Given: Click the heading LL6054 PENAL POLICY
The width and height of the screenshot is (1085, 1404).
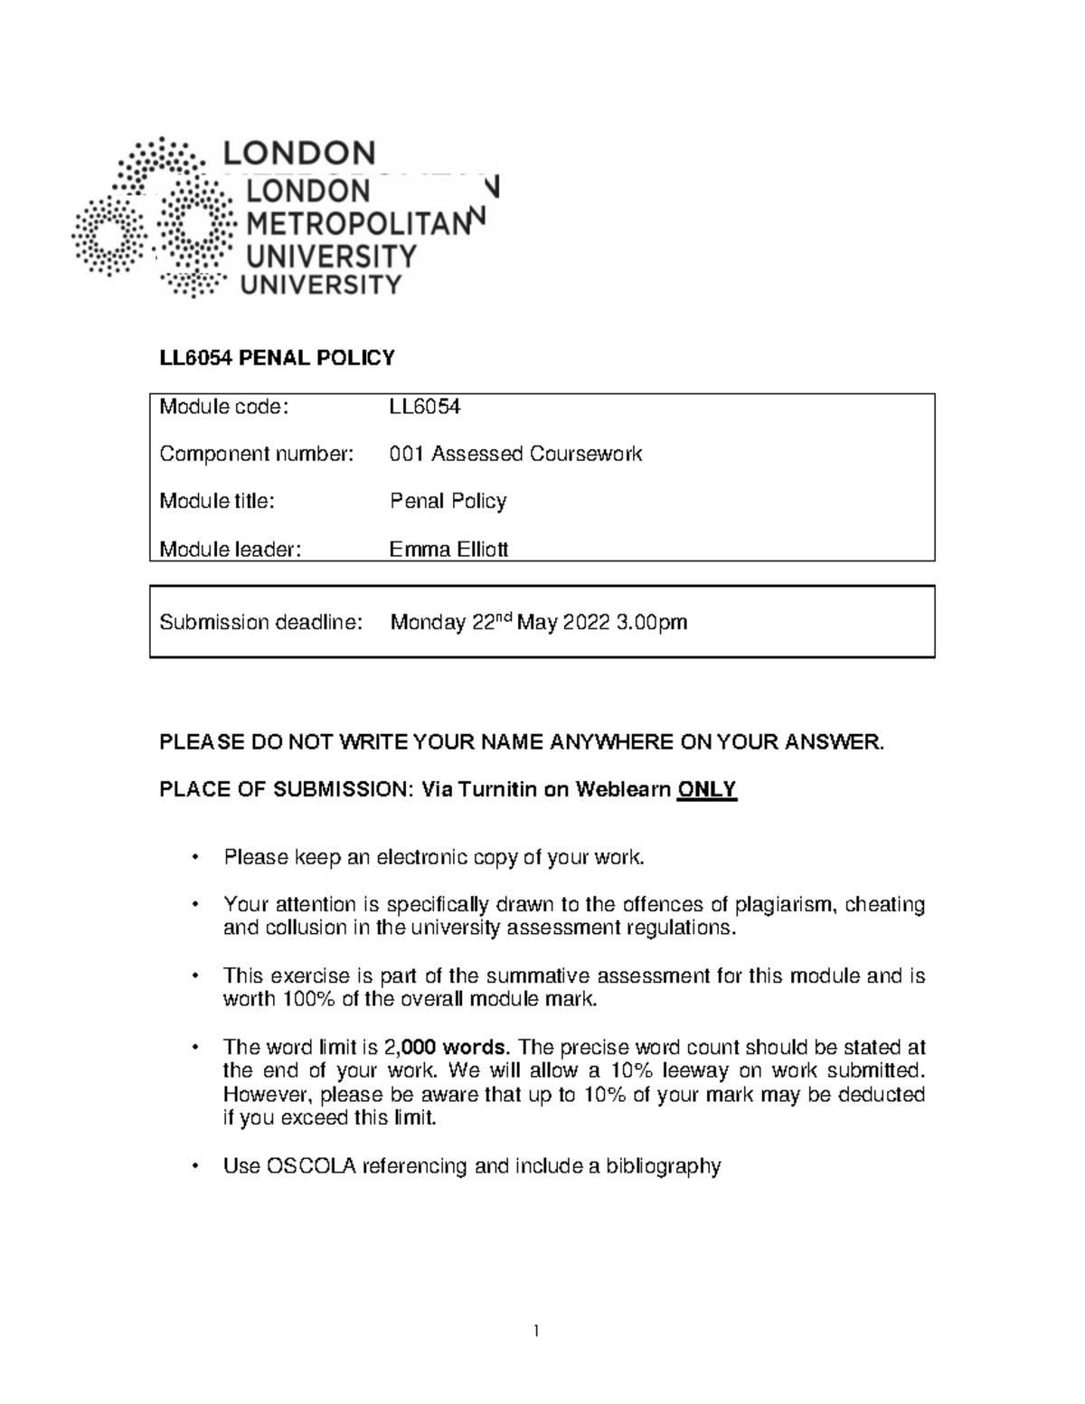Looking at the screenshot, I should (277, 358).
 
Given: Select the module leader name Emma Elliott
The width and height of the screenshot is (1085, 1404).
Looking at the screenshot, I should (448, 548).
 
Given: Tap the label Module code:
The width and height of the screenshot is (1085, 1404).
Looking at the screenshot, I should (223, 407).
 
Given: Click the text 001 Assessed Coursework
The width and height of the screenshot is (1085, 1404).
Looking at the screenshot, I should (515, 454).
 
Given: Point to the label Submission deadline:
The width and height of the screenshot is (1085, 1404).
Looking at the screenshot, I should (261, 622).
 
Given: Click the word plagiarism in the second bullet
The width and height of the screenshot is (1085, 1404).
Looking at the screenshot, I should (787, 904).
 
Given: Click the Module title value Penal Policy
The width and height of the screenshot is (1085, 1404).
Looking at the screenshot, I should (448, 501).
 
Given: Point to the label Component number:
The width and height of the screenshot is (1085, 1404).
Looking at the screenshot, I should (256, 454).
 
